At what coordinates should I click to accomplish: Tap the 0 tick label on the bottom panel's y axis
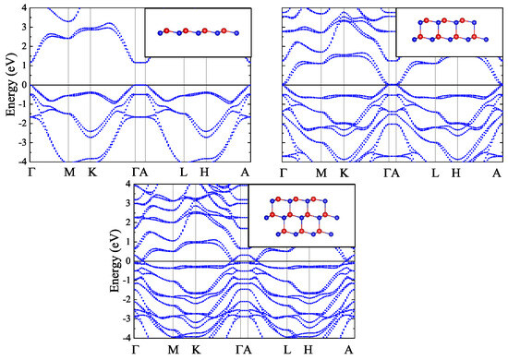coord(127,260)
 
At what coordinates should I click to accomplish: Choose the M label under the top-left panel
coord(68,173)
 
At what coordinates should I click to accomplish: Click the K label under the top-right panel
coord(344,173)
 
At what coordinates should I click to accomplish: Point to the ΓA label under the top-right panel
coord(393,173)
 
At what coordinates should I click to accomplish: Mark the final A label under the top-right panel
coord(497,173)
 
